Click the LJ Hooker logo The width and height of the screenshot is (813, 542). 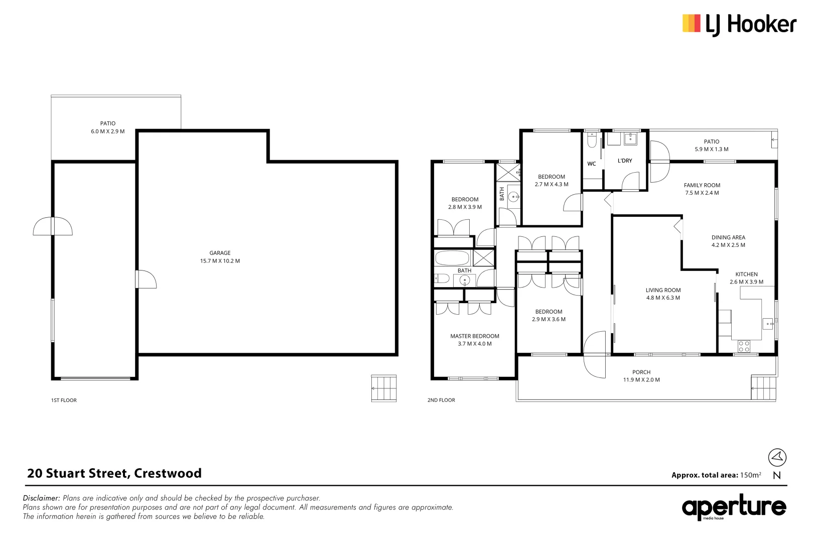point(739,25)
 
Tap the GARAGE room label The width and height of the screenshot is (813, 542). point(220,253)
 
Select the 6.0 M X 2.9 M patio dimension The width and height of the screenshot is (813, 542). point(108,131)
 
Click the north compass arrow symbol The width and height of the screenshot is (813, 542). point(777,457)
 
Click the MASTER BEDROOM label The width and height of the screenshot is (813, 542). point(475,336)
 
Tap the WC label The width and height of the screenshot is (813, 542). point(592,164)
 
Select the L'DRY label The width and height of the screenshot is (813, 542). point(625,161)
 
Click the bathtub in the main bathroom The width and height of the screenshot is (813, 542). point(453,258)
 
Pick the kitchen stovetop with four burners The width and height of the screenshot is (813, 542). point(744,346)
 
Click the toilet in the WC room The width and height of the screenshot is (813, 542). point(592,140)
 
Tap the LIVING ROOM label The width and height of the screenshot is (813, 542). point(663,290)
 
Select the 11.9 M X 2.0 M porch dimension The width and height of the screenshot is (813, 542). point(642,380)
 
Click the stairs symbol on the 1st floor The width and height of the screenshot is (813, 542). point(383,388)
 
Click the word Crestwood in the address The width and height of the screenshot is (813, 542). point(168,473)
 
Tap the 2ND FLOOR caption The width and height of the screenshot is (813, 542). point(441,400)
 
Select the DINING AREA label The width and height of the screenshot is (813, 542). point(728,237)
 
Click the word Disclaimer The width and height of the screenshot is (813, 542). point(41,498)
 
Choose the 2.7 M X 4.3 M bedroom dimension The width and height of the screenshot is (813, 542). point(552,184)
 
